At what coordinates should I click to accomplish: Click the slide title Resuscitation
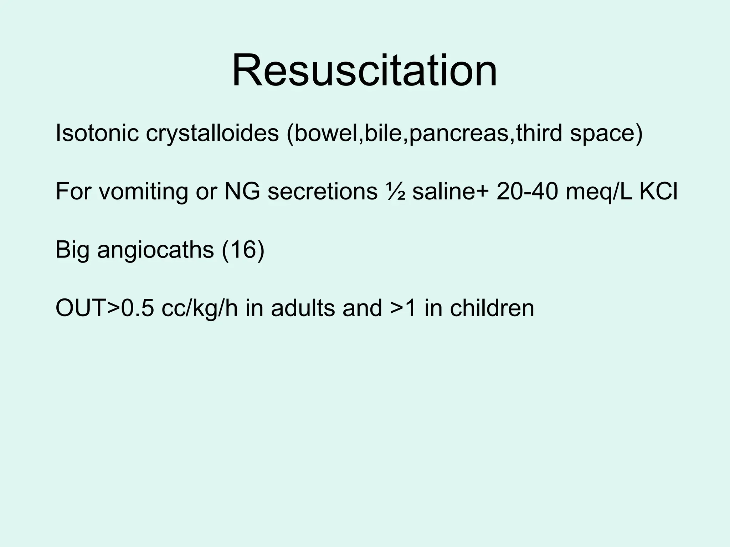[x=364, y=70]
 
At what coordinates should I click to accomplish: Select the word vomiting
[x=143, y=191]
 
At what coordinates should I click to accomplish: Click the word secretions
[x=322, y=191]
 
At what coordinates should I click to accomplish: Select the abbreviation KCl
[x=659, y=191]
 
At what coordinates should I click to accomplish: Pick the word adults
[x=303, y=308]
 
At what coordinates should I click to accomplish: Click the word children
[x=492, y=308]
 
